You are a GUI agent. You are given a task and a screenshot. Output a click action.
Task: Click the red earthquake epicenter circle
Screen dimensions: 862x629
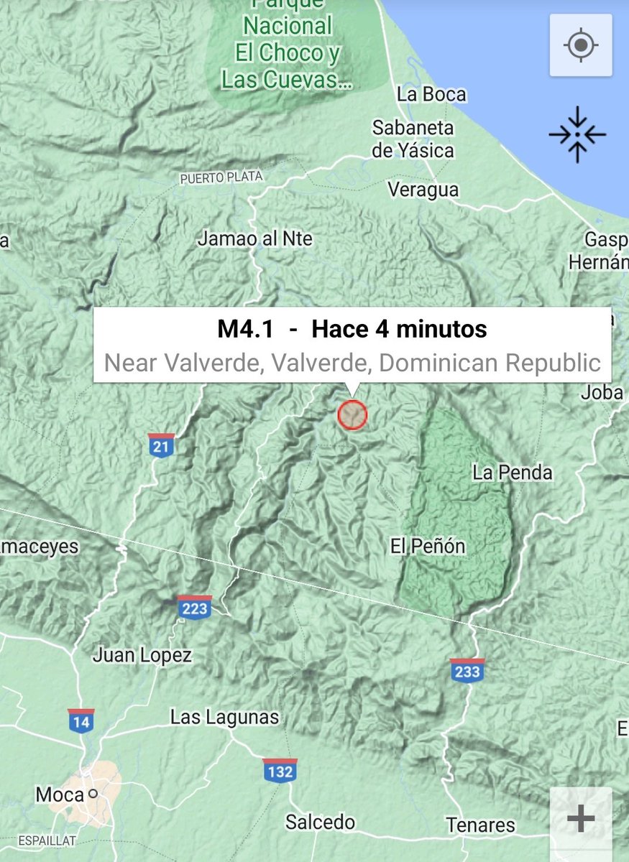(352, 414)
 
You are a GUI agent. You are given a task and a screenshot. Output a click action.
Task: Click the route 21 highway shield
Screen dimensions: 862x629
(162, 445)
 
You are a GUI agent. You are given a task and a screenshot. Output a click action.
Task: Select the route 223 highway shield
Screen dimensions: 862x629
(195, 607)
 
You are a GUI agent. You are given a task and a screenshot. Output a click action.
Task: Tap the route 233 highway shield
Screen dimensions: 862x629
(467, 669)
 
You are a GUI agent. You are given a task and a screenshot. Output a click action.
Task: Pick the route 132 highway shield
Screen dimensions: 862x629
(280, 769)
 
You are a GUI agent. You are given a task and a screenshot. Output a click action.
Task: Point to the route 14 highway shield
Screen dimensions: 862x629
(81, 720)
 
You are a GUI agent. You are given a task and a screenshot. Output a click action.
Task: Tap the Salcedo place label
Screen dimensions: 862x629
(320, 822)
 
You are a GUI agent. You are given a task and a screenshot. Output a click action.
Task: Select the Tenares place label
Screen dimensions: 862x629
(480, 825)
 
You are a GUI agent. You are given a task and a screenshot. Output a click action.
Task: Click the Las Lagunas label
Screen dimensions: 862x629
(224, 717)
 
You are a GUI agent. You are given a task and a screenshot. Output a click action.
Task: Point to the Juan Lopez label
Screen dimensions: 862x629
(142, 655)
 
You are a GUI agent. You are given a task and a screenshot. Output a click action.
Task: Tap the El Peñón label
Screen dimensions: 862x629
(428, 547)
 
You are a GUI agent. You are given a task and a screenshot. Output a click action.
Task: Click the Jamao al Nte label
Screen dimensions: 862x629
(255, 238)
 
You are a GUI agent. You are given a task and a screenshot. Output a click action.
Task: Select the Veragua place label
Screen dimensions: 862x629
(423, 190)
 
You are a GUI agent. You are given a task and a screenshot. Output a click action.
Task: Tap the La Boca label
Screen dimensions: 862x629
(431, 95)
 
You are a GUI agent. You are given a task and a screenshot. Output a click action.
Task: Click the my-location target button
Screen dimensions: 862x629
(581, 45)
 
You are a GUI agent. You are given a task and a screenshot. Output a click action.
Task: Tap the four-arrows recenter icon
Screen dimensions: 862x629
(577, 134)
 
